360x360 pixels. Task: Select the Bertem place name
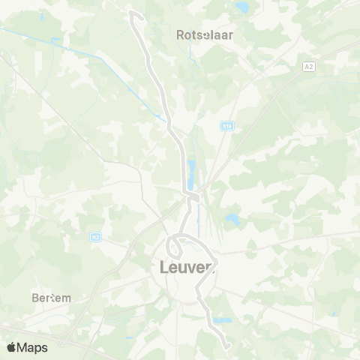click(52, 298)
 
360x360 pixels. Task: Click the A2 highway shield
click(308, 67)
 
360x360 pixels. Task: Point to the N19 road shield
click(226, 127)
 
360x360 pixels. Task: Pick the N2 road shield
click(95, 237)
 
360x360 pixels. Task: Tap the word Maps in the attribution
click(33, 347)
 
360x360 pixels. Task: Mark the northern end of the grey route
click(133, 13)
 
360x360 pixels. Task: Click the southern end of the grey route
click(226, 346)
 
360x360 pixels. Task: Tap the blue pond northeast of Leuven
click(231, 220)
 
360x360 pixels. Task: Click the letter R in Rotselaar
click(180, 34)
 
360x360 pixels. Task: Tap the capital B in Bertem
click(35, 298)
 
